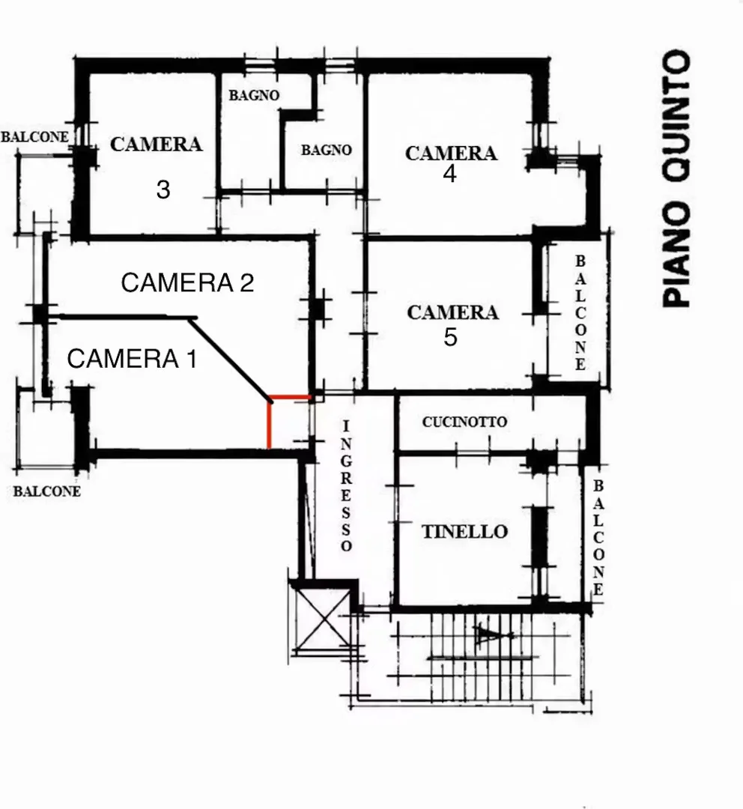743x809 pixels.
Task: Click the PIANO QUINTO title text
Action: tap(676, 178)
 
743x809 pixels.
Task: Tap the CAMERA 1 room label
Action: tap(132, 359)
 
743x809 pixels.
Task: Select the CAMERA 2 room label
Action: tap(187, 282)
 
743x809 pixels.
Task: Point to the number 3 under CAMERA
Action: tap(163, 190)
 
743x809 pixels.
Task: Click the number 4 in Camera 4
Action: tap(449, 174)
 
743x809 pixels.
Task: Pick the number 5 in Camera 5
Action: tap(450, 337)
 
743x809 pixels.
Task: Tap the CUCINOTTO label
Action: tap(464, 422)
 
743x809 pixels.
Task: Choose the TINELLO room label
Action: tap(465, 532)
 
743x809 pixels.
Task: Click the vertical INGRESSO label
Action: tap(346, 485)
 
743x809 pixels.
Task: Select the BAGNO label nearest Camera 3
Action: tap(254, 95)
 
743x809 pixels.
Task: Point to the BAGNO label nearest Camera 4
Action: tap(327, 150)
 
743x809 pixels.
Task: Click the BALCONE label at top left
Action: tap(34, 137)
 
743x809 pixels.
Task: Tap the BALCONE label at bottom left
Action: tap(47, 491)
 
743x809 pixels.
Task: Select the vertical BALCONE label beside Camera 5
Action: tap(580, 312)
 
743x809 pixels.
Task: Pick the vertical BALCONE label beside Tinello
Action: tap(598, 538)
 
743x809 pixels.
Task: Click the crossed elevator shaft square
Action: tap(324, 617)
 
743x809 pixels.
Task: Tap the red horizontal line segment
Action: tap(291, 398)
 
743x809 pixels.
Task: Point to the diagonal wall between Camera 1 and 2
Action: tap(230, 360)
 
